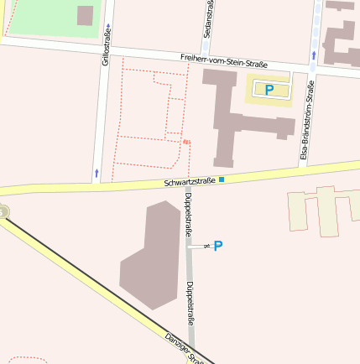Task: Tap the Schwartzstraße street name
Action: click(190, 181)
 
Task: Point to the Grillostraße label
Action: click(107, 45)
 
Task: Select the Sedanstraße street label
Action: click(207, 18)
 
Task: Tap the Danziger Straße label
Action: click(185, 349)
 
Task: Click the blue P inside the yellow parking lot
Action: click(269, 89)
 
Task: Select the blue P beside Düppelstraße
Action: click(218, 246)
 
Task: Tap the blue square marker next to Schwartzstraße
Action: click(222, 179)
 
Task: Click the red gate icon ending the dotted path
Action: click(186, 141)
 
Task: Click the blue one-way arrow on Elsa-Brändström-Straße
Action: click(313, 55)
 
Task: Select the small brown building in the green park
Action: click(85, 15)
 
